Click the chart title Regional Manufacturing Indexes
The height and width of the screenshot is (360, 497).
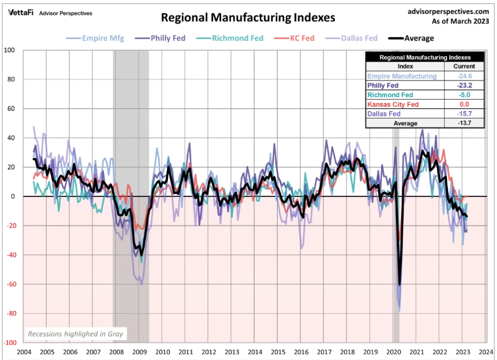point(248,18)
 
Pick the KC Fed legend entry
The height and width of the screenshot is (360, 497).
point(295,38)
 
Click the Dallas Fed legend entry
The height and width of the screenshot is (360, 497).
point(354,38)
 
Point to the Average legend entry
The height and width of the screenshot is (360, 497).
point(411,38)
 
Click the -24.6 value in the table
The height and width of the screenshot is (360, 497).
point(464,76)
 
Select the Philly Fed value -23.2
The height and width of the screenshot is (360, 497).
point(464,86)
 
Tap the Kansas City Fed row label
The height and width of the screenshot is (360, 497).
point(393,104)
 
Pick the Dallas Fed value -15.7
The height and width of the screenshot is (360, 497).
point(464,114)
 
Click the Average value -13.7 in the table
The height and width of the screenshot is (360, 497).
point(464,123)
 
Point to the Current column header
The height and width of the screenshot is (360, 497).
point(464,67)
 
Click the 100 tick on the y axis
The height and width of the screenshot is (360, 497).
point(10,50)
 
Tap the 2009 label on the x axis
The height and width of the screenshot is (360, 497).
point(139,352)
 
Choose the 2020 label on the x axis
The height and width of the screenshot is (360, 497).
point(393,352)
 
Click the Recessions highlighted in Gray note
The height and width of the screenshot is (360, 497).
point(75,334)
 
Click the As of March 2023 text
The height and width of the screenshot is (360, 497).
point(460,21)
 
